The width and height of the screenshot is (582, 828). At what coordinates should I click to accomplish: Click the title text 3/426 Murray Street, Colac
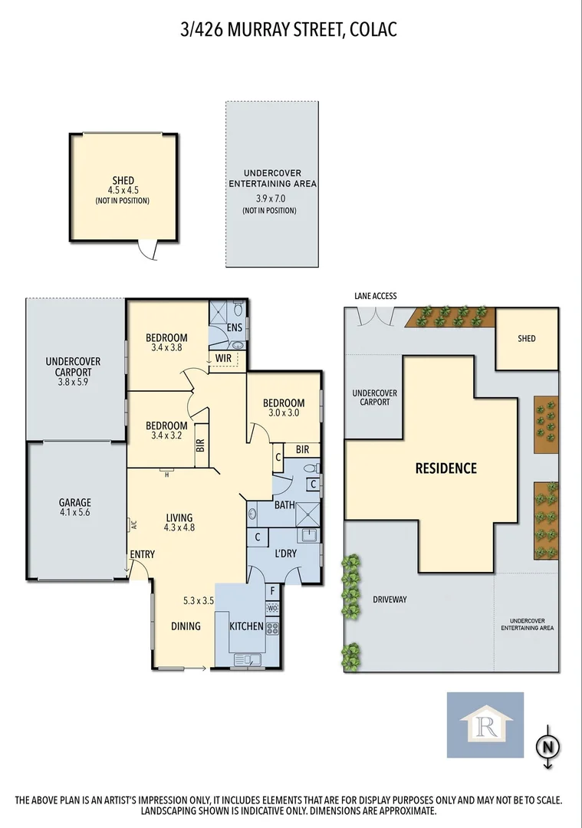point(291,30)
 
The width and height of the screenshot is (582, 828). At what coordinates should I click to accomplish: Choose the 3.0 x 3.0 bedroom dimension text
point(283,412)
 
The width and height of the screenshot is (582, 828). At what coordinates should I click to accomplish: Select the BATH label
point(284,505)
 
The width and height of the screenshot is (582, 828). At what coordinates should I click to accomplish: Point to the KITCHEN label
point(247,626)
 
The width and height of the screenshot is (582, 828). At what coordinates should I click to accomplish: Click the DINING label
point(186,626)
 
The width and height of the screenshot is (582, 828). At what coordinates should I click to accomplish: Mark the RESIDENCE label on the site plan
point(446,468)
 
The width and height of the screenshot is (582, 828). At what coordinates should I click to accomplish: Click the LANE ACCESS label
point(375,296)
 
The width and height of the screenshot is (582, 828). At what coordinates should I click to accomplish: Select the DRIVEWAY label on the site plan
point(390,599)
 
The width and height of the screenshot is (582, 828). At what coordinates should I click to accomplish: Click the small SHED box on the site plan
point(526,338)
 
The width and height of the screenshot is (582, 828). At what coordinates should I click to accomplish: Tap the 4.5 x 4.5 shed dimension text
point(122,191)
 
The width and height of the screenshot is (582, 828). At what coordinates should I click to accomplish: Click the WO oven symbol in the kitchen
point(272,608)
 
